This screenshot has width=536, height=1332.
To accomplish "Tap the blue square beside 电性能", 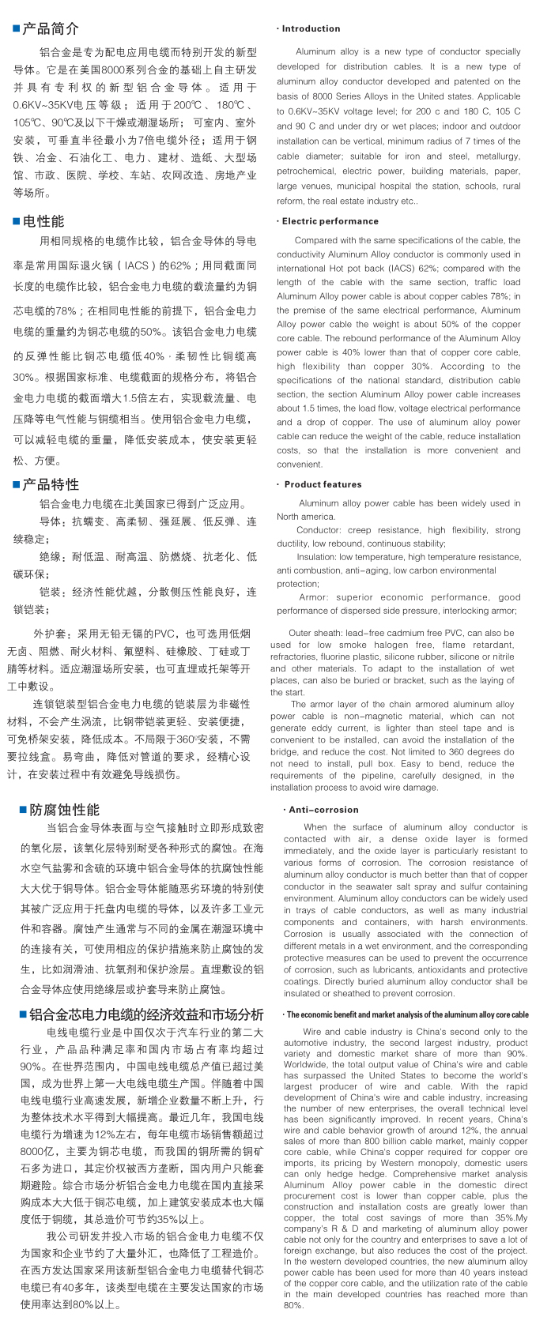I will click(17, 221).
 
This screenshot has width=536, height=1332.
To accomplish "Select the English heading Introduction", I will click(311, 28).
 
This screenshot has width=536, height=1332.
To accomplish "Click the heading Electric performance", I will click(330, 221).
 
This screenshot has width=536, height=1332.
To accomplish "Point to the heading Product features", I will click(323, 484).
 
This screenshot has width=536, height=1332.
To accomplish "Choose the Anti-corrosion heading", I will click(323, 810).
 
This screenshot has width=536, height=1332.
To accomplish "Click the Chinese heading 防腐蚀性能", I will click(65, 810).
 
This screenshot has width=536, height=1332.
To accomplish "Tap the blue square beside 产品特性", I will click(17, 484).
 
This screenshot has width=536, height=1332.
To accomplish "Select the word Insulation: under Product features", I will click(316, 557).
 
